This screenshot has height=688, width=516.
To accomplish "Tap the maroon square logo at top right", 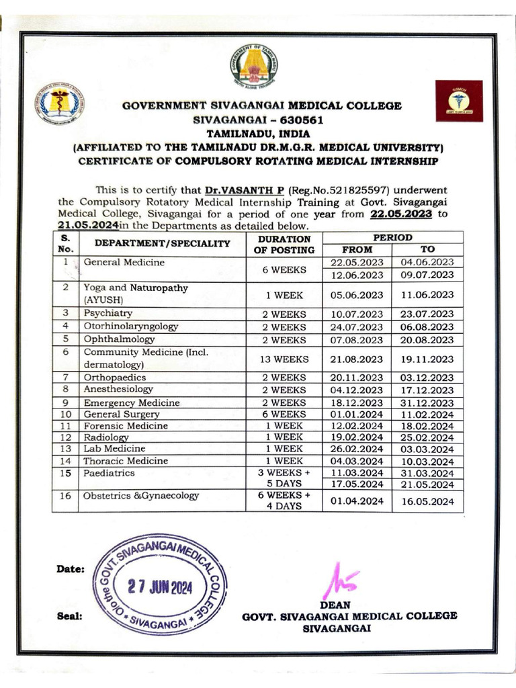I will coord(459,101).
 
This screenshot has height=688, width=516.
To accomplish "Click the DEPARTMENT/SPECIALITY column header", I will coord(162,244).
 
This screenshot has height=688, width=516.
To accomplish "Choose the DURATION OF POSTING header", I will coord(284,245).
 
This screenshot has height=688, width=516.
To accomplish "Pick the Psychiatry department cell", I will coord(107,313).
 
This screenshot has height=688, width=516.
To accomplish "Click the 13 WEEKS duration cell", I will coord(284,359).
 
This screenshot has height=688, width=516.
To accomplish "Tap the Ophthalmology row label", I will coord(119,339).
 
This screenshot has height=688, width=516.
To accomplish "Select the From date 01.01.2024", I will coord(357,415).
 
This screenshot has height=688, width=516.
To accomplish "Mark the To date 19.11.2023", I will coord(427,359).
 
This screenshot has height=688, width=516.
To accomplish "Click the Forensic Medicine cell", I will coord(125,426).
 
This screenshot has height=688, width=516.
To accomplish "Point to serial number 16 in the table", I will coord(65,496).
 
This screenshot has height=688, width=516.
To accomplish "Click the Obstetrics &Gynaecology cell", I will coord(141,496).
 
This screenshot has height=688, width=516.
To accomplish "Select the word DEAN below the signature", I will coord(339,605).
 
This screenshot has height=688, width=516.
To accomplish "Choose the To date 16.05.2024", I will coord(427,501).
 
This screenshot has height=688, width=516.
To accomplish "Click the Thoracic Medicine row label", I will coord(125,461).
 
